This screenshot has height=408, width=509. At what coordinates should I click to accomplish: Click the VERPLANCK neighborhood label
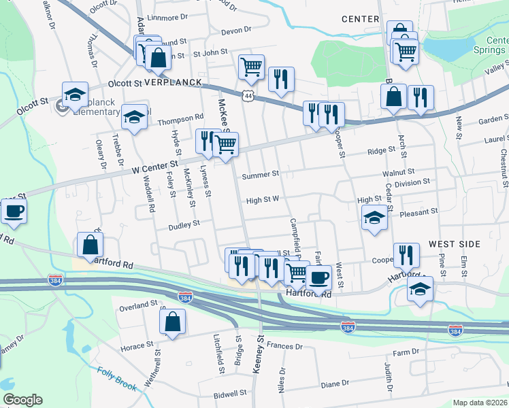173,82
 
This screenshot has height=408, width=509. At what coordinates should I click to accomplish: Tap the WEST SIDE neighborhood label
455,244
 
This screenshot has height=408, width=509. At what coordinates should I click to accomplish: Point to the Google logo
22,401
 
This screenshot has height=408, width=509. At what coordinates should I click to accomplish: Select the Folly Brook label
118,379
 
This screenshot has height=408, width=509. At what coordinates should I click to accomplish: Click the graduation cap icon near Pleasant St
374,218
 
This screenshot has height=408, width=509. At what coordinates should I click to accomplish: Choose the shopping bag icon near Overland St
173,321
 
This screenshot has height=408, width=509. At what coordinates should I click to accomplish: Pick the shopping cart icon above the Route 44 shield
251,67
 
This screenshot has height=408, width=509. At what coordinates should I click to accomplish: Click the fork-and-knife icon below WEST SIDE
406,255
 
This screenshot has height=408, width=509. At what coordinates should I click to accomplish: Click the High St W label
263,200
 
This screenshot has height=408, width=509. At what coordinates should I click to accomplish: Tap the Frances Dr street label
284,346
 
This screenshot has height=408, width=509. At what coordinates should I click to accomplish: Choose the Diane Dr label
335,384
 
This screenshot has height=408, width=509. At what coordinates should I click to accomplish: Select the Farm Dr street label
407,353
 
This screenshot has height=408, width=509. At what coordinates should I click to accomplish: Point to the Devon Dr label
236,31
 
